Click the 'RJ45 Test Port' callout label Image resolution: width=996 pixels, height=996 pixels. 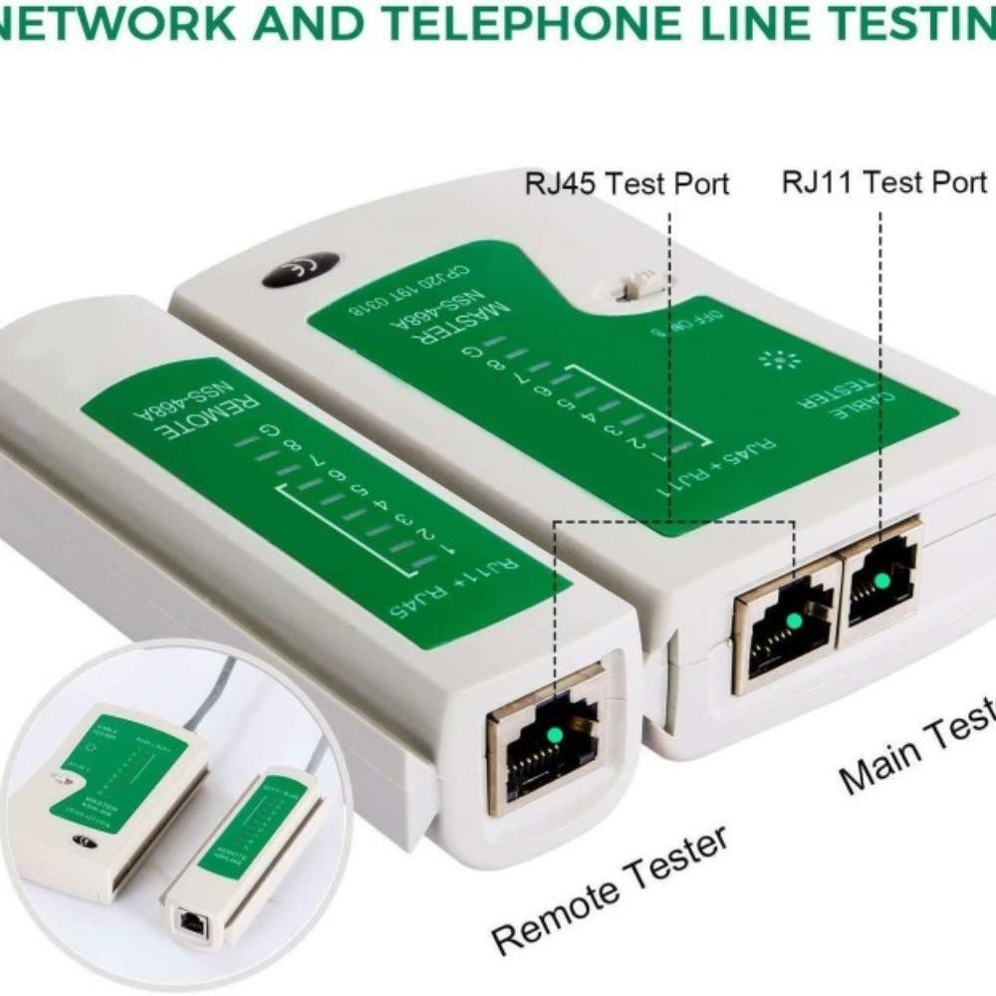point(627,184)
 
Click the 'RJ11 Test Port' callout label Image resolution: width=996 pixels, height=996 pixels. point(883,182)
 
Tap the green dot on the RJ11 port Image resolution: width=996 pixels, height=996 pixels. point(879,582)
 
